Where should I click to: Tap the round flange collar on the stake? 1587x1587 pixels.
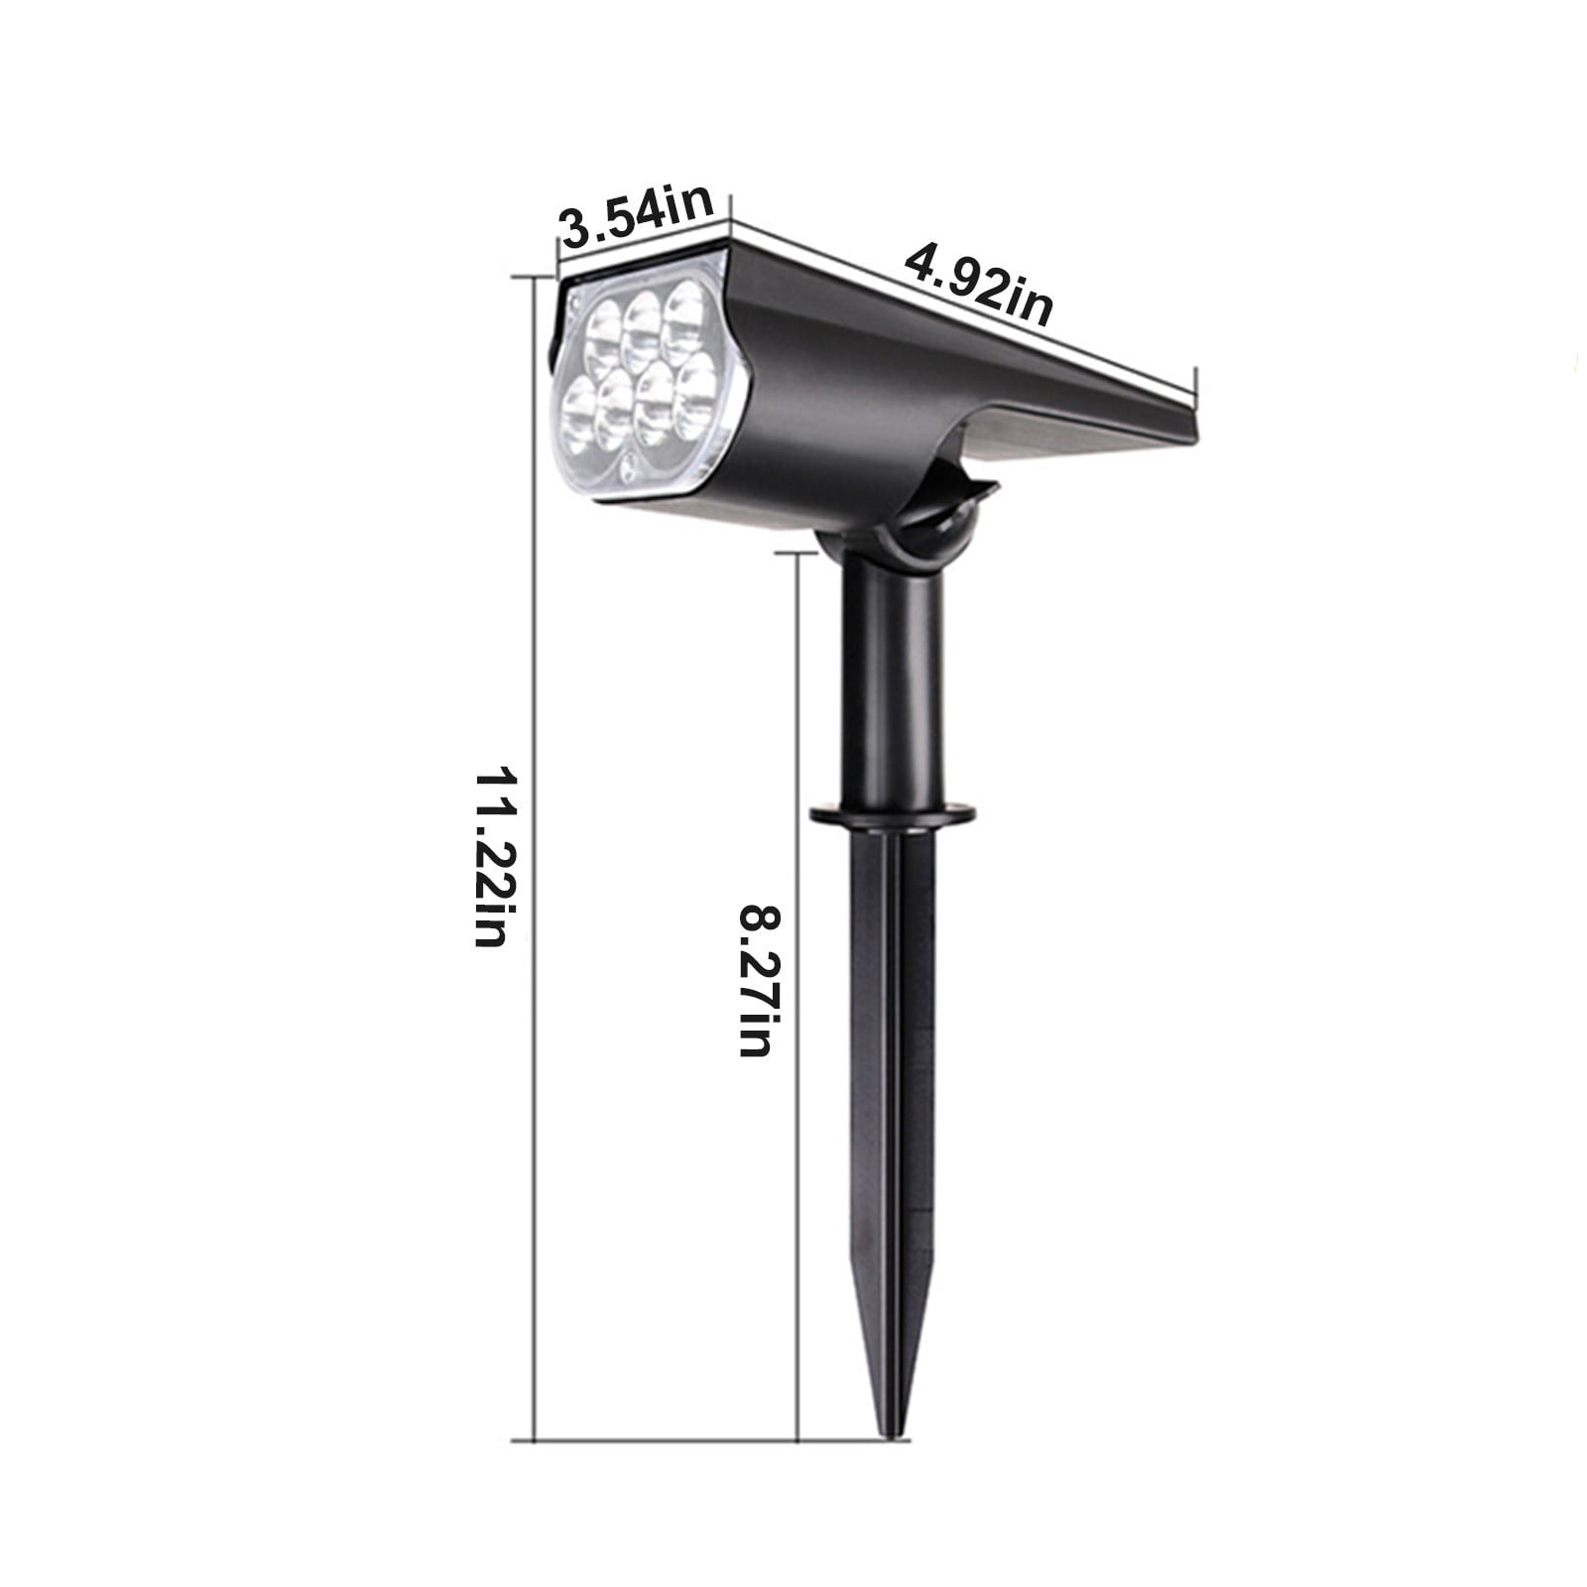[x=891, y=814]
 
